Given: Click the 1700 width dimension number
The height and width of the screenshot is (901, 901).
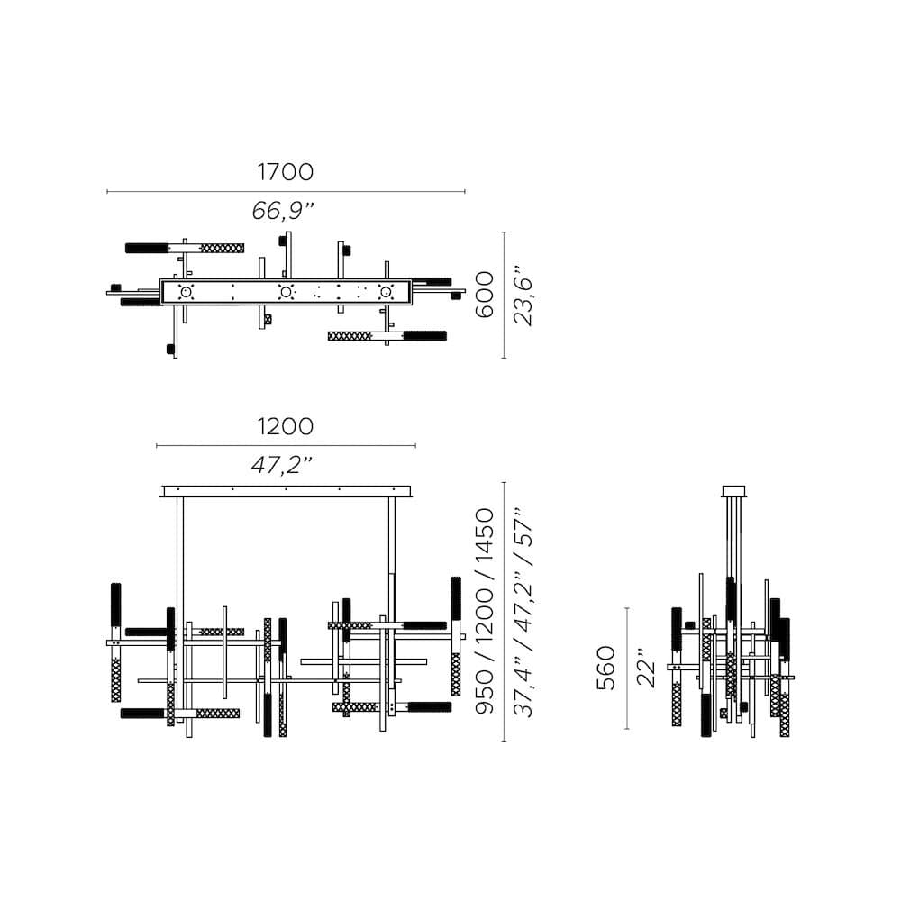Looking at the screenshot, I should [x=285, y=171].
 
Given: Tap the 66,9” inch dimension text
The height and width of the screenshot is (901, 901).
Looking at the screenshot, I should [x=283, y=212].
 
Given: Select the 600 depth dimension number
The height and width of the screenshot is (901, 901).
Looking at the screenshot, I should [x=485, y=294].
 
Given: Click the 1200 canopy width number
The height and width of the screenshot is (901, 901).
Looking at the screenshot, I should [x=285, y=426].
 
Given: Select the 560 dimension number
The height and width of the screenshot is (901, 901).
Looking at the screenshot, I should [x=605, y=668].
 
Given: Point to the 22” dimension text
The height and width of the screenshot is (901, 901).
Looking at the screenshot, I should [x=646, y=668].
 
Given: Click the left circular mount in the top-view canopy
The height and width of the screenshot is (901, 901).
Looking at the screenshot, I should [x=187, y=292].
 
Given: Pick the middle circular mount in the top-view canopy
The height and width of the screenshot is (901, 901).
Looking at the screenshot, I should [x=286, y=292].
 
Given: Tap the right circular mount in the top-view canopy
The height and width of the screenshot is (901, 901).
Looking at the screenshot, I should [x=387, y=292].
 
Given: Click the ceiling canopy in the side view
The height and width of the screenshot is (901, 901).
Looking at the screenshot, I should [x=734, y=491].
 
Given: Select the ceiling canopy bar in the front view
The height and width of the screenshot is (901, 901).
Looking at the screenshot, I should [x=286, y=491].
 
